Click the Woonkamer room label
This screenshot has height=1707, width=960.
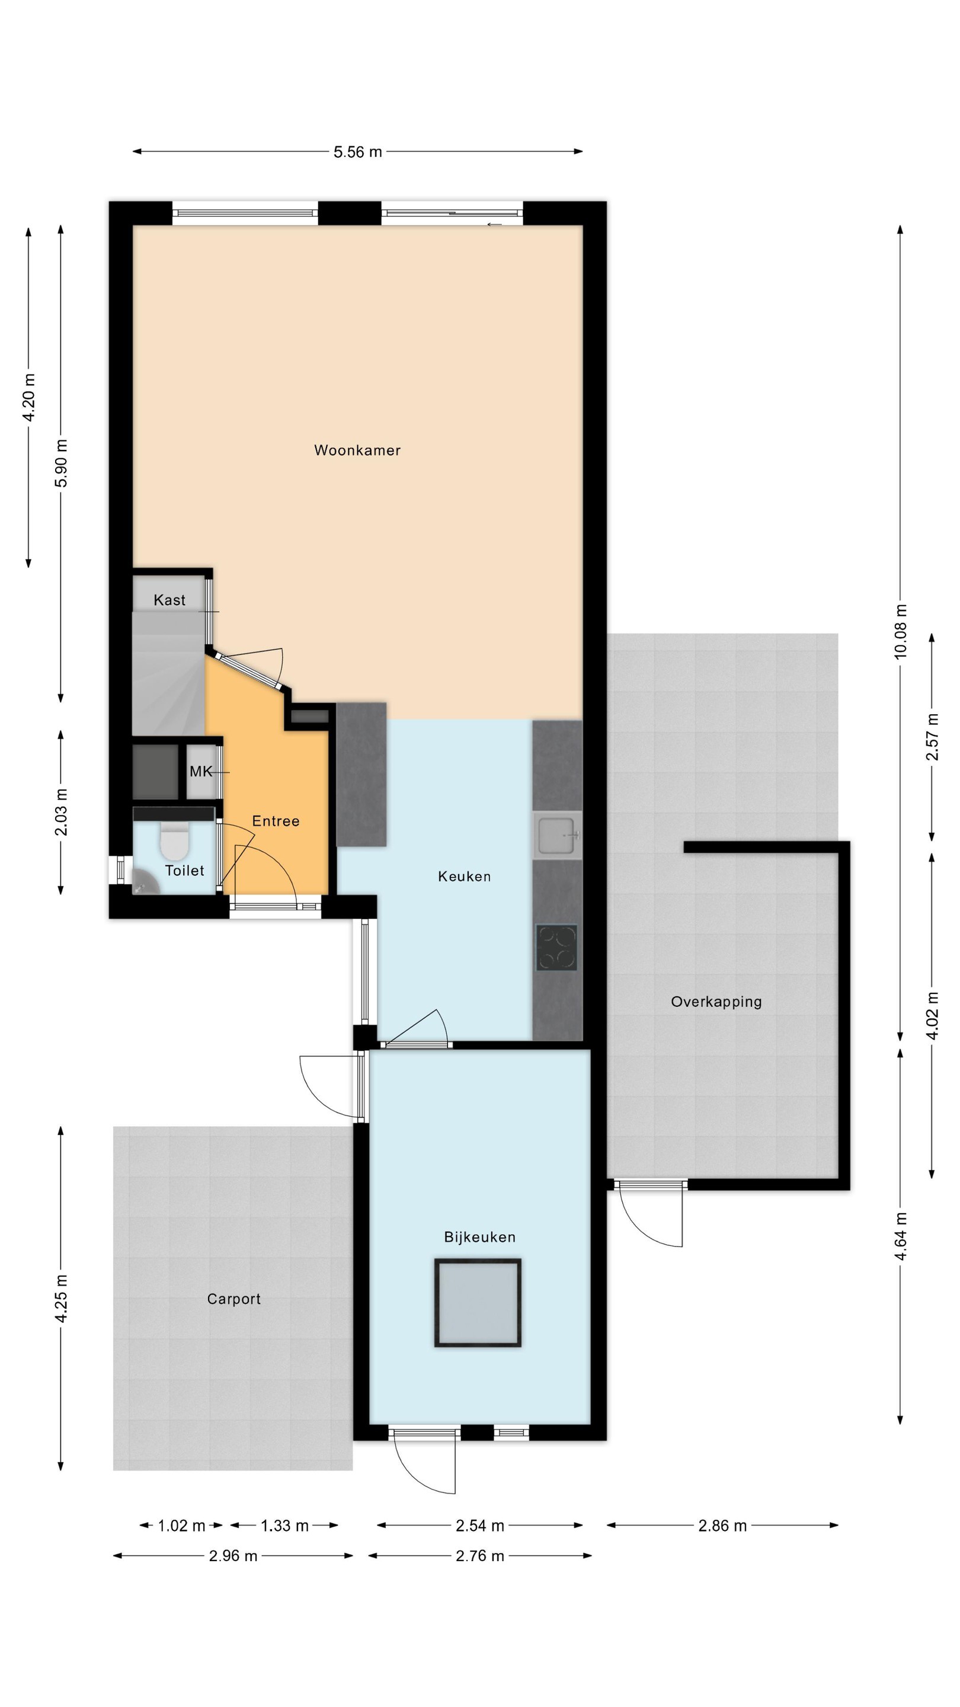point(357,450)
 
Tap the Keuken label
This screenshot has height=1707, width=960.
point(465,877)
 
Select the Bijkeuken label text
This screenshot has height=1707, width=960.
point(479,1237)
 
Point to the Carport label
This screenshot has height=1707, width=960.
point(234,1299)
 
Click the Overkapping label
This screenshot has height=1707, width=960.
point(716,1002)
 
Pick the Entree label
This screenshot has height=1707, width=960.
point(276,821)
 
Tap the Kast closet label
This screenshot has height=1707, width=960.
point(169,600)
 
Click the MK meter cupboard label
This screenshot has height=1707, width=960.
point(201,771)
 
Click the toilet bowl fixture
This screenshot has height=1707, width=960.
point(175,840)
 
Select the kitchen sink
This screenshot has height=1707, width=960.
point(557,835)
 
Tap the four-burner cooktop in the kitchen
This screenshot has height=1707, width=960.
point(556,948)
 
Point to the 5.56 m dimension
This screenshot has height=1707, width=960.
point(358,152)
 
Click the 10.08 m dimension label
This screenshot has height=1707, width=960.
point(900,631)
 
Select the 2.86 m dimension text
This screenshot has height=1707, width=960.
point(723,1526)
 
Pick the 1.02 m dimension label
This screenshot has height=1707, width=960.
point(181,1526)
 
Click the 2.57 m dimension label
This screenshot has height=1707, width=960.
point(932,737)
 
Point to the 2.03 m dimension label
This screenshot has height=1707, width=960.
point(61,813)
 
